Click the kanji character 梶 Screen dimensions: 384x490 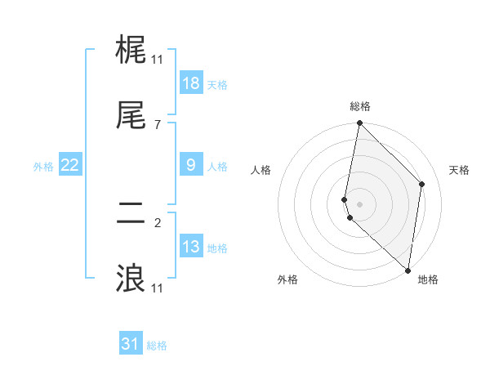(131, 51)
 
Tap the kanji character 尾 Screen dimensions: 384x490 (131, 117)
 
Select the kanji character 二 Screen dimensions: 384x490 (131, 215)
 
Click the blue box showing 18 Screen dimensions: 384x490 (191, 83)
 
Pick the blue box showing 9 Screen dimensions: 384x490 (191, 165)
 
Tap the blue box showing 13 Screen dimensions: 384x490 (191, 247)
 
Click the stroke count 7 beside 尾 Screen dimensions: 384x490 (157, 125)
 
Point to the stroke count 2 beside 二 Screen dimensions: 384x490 (157, 221)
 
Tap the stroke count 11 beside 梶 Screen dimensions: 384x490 (157, 59)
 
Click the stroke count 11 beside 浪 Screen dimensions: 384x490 (157, 288)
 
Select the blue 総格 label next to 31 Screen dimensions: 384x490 (157, 346)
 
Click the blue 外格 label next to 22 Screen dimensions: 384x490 (43, 167)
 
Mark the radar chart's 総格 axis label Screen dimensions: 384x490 (360, 106)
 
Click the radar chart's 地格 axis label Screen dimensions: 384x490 (428, 279)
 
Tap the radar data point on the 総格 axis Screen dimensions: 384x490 (359, 123)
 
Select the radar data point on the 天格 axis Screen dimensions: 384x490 (422, 184)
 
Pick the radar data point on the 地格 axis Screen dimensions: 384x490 (408, 270)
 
